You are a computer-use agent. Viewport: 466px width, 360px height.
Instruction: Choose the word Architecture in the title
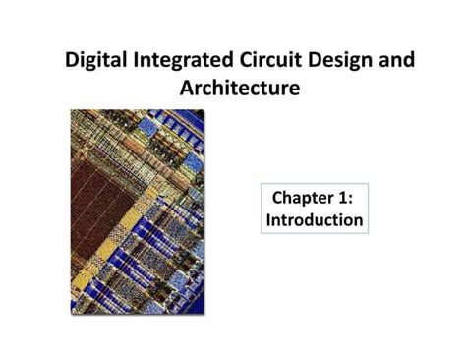pos(239,89)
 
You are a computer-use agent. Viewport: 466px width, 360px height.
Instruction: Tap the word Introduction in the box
pos(315,219)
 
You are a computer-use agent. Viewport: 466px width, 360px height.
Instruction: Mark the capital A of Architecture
pos(187,89)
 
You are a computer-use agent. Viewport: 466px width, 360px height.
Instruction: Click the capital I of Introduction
pos(269,219)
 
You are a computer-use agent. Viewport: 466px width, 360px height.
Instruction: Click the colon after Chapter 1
pos(353,197)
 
